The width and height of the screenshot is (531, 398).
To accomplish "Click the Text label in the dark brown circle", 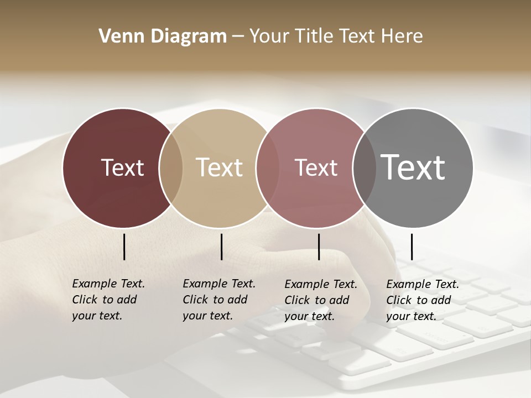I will [x=122, y=167].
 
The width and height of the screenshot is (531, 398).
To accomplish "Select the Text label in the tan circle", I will [x=220, y=167].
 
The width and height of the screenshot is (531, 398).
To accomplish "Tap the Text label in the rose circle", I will [x=316, y=167].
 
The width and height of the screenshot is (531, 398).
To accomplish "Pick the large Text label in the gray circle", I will [x=413, y=167].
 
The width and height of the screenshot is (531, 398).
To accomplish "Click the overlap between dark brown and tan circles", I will [x=171, y=167].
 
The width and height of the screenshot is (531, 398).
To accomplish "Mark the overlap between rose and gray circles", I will [x=365, y=167].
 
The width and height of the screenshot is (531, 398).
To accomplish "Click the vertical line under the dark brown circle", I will [x=124, y=247].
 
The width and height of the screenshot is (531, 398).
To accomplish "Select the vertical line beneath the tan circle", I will [x=221, y=247].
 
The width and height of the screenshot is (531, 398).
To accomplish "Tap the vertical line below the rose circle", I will [x=319, y=247].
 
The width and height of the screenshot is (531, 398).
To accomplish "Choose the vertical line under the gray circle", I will [x=412, y=247].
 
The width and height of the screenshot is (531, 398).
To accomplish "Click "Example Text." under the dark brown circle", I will [x=108, y=284].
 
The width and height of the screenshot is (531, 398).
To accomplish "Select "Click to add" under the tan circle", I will [x=215, y=300].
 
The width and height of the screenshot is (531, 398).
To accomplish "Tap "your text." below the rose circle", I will [x=309, y=316].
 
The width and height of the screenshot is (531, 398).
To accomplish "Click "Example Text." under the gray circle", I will [x=423, y=284].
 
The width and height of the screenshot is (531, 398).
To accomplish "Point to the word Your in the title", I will [x=271, y=36].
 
